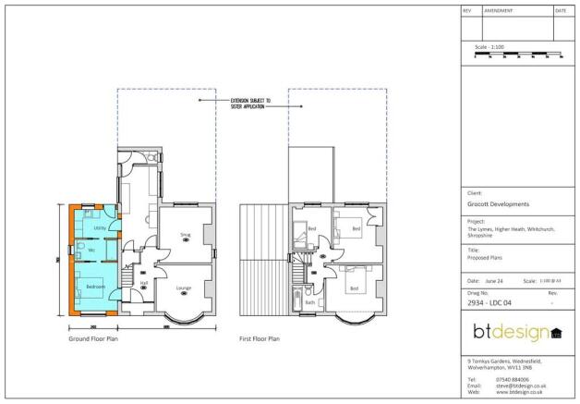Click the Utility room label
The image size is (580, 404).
[x=100, y=226]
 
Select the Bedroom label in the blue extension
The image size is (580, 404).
[x=95, y=288]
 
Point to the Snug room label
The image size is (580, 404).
[x=185, y=235]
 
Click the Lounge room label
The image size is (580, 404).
[x=184, y=288]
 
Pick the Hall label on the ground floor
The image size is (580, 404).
[x=144, y=283]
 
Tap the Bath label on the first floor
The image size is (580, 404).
[x=309, y=302]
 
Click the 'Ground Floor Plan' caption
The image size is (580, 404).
[x=93, y=338]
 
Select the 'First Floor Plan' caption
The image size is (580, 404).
[x=260, y=338]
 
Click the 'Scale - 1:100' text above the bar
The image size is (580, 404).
[x=489, y=46]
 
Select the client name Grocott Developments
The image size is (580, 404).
[x=499, y=203]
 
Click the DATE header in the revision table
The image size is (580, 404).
[x=561, y=10]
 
